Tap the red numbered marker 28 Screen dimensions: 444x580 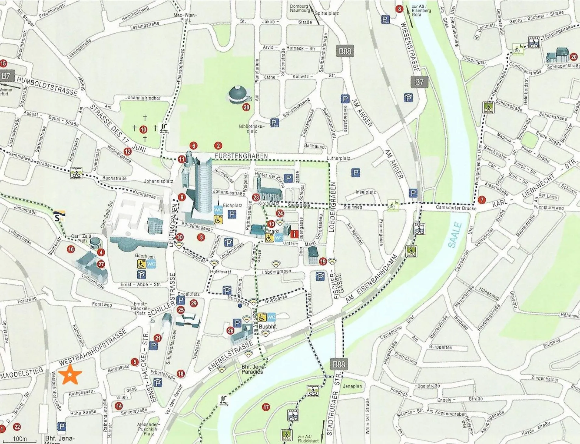click(x=246, y=107)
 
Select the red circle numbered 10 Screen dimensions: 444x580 click(x=143, y=130)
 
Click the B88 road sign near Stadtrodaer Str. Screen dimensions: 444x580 click(x=339, y=364)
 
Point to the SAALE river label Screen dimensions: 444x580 click(x=455, y=235)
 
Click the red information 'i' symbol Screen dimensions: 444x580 click(x=294, y=234)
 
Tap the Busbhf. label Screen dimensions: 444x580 click(x=268, y=327)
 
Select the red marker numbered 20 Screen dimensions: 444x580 click(x=574, y=57)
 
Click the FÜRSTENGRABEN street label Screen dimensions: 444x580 click(x=241, y=156)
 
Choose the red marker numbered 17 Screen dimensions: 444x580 click(x=266, y=407)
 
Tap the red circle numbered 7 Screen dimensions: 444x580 click(x=482, y=200)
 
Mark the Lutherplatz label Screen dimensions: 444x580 click(x=338, y=158)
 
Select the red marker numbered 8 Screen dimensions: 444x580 click(x=399, y=9)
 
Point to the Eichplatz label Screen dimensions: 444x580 click(x=233, y=205)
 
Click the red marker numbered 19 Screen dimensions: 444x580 click(x=323, y=261)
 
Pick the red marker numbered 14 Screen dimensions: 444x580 click(x=119, y=406)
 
